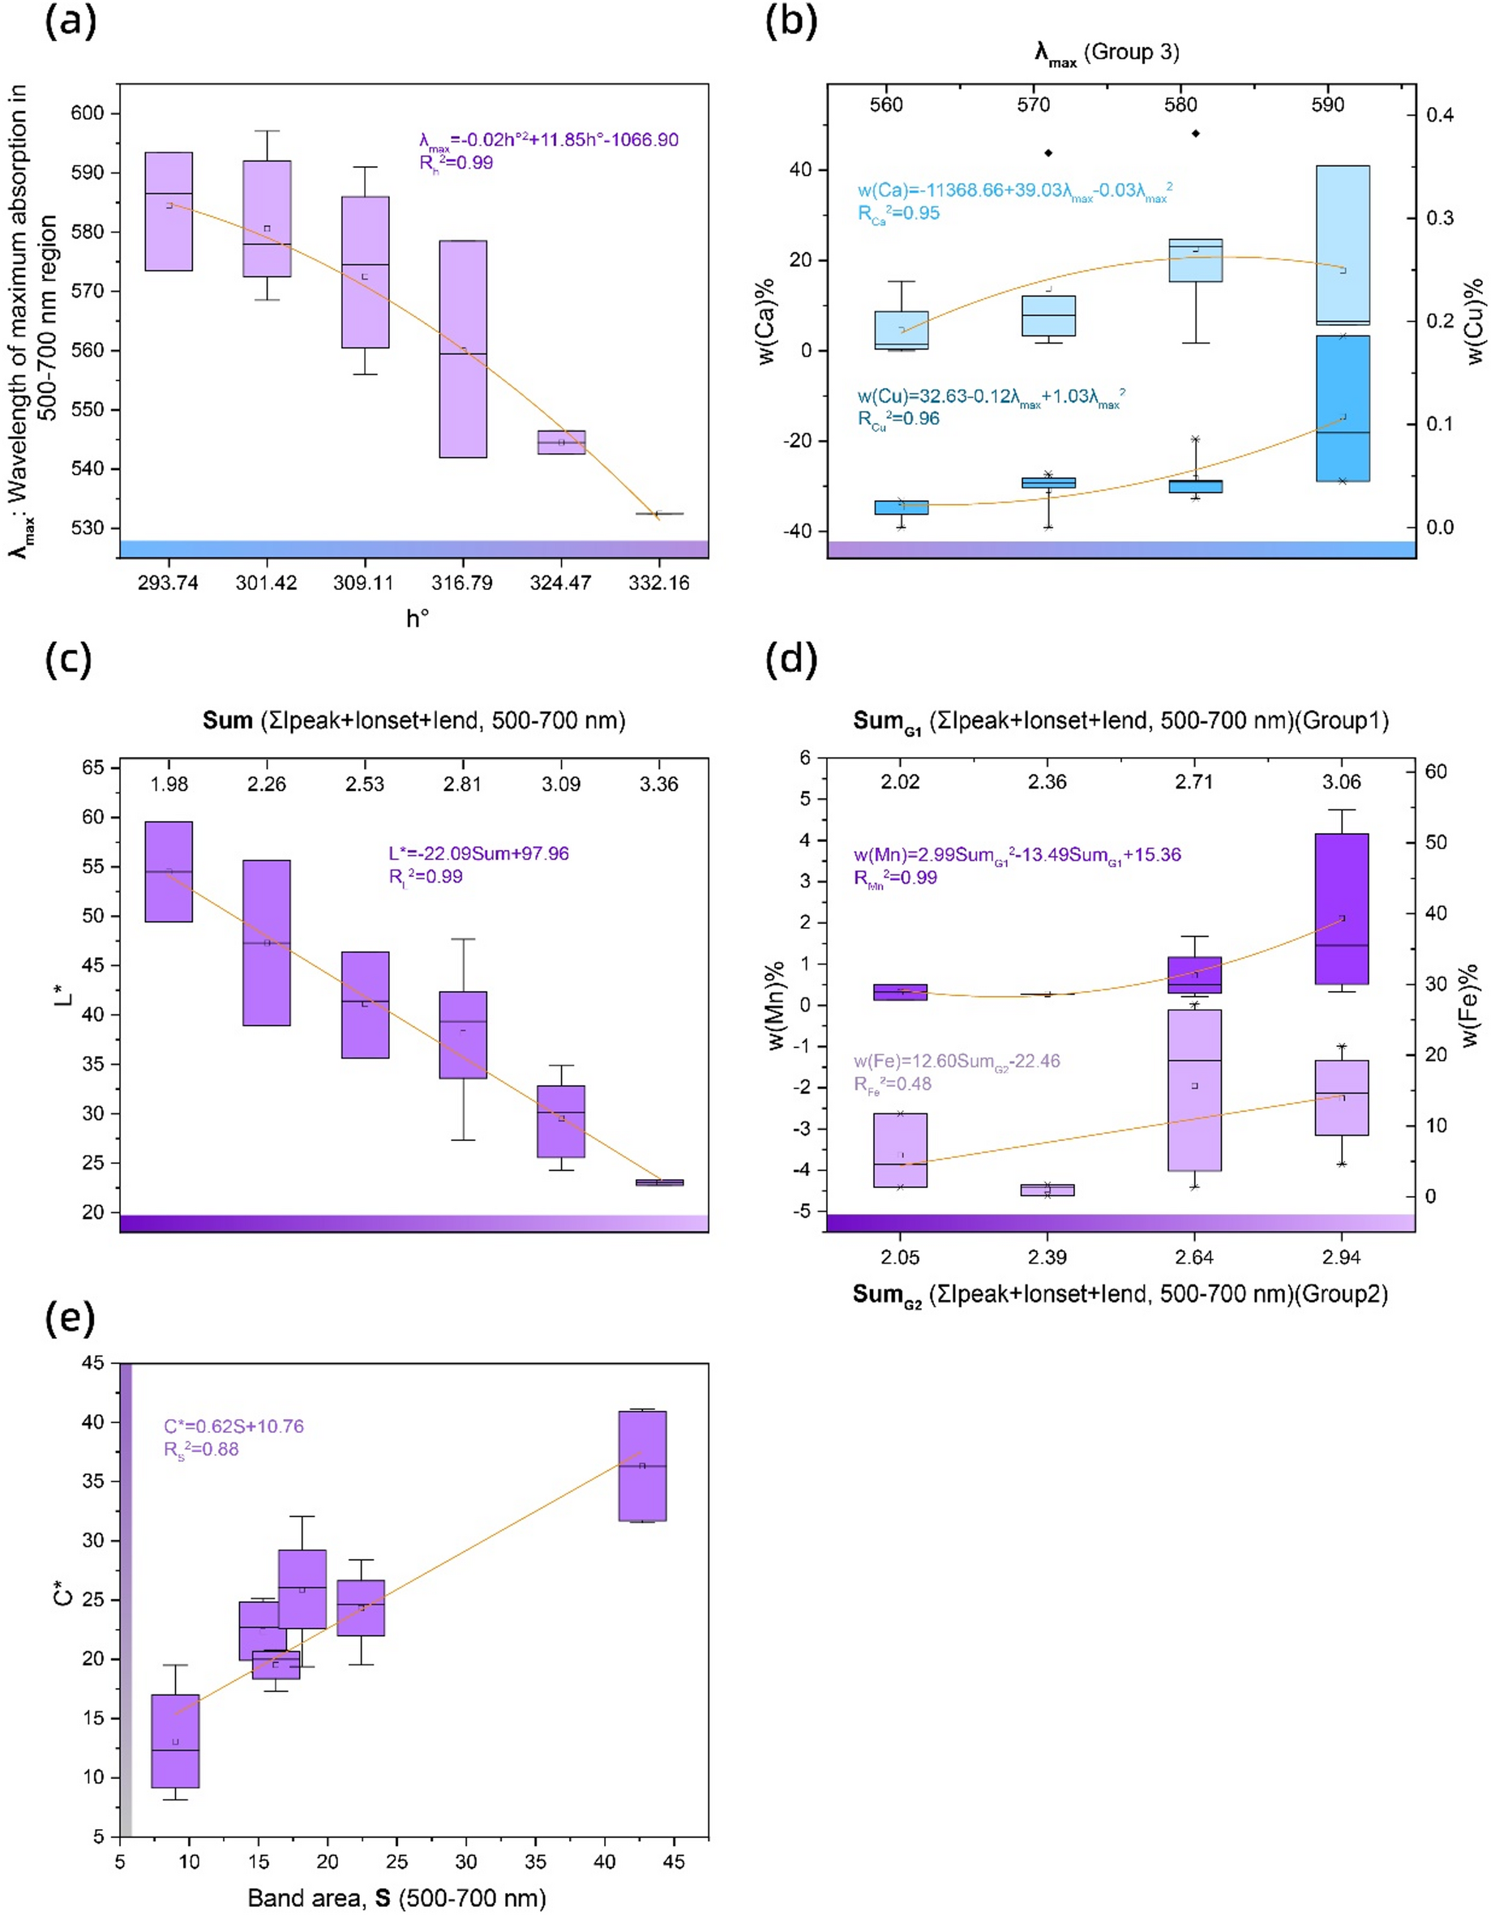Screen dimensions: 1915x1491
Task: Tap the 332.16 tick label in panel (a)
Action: click(658, 583)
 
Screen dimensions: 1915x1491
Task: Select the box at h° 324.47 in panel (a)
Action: click(560, 442)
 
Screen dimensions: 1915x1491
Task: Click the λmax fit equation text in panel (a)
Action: click(548, 140)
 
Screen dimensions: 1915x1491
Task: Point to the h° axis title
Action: click(418, 619)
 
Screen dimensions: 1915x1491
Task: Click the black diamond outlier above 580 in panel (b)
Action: click(1194, 133)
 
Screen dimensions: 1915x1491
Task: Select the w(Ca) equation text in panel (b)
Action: click(1015, 191)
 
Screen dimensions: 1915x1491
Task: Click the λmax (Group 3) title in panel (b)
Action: click(1107, 53)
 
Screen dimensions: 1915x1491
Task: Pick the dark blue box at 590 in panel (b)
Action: click(1342, 408)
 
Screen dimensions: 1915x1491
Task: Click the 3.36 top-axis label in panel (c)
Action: click(658, 784)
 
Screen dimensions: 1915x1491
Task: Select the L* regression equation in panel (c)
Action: click(479, 853)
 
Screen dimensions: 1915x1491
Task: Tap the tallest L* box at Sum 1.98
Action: click(169, 871)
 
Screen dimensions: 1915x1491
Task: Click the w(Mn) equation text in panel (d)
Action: click(1018, 855)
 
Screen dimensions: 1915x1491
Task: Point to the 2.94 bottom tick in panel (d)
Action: click(1341, 1258)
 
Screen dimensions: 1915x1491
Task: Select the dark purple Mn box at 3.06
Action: click(1341, 908)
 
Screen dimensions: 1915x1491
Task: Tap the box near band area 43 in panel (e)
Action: click(642, 1466)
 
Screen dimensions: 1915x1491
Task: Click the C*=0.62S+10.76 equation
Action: click(234, 1426)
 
